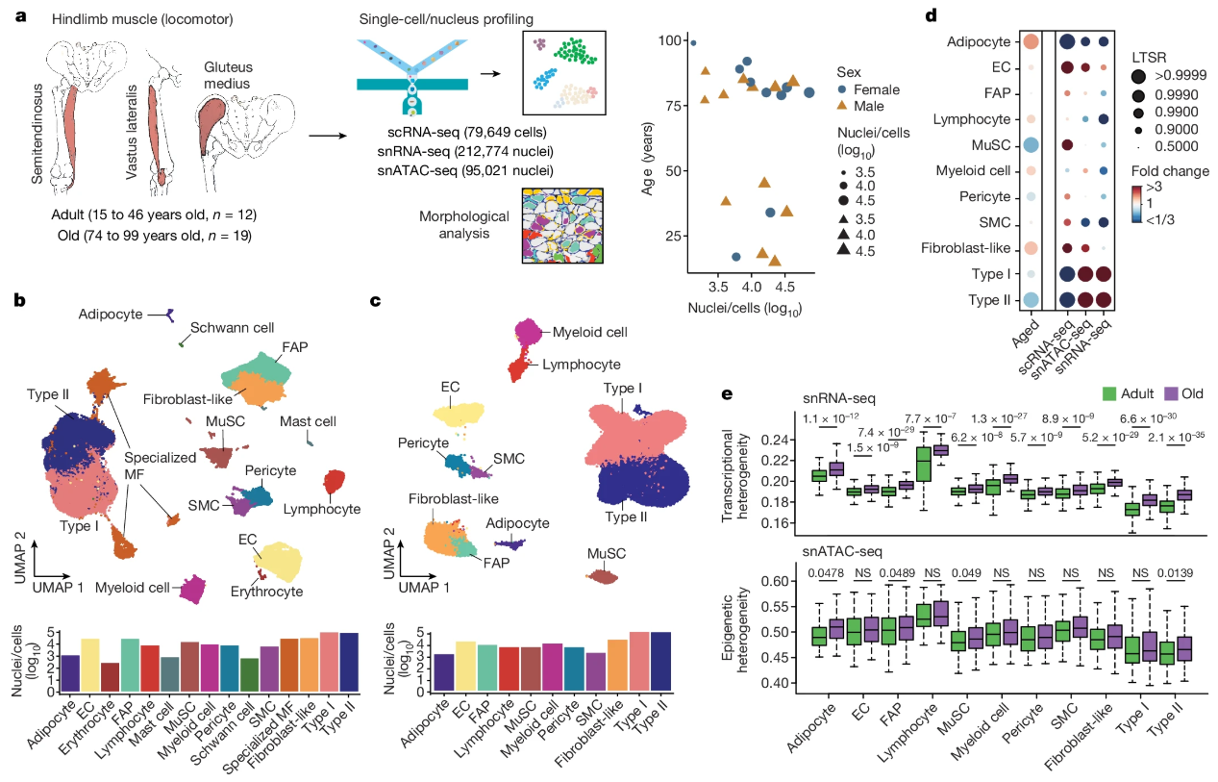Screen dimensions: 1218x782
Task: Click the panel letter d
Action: pyautogui.click(x=931, y=15)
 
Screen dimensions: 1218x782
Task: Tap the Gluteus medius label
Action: pyautogui.click(x=228, y=75)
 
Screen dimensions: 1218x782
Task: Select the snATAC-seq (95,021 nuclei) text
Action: pyautogui.click(x=465, y=171)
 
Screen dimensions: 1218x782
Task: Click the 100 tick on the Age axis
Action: pyautogui.click(x=669, y=40)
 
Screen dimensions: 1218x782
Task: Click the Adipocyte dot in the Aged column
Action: pyautogui.click(x=1031, y=42)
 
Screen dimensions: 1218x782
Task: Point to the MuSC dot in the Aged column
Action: pyautogui.click(x=1031, y=145)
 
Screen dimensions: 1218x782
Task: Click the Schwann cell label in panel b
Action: pyautogui.click(x=232, y=328)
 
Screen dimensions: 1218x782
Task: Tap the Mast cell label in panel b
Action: pyautogui.click(x=308, y=421)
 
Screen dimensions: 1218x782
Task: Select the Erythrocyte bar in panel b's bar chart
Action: pyautogui.click(x=111, y=677)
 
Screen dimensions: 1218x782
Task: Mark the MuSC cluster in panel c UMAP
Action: pyautogui.click(x=605, y=577)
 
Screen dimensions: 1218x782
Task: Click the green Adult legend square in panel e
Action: pyautogui.click(x=1109, y=394)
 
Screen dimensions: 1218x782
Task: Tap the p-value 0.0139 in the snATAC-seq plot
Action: pyautogui.click(x=1175, y=573)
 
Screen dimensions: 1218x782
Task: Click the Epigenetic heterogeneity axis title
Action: pyautogui.click(x=735, y=629)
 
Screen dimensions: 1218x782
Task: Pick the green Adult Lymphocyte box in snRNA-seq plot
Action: pyautogui.click(x=923, y=464)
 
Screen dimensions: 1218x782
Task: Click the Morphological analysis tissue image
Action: pyautogui.click(x=562, y=226)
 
